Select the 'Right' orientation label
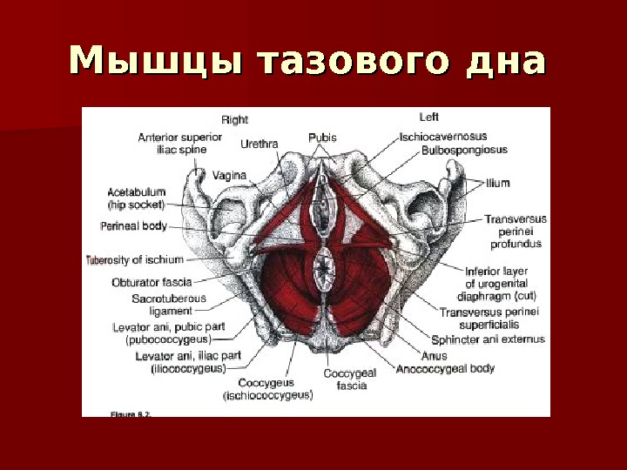(x=235, y=119)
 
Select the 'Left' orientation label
(x=428, y=117)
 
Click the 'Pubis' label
(x=322, y=137)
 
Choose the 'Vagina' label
(x=230, y=175)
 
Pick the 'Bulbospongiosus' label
(x=464, y=150)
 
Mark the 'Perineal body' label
(x=133, y=225)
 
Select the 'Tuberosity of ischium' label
(x=135, y=259)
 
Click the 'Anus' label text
(x=433, y=355)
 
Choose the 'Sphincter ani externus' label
(x=488, y=339)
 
